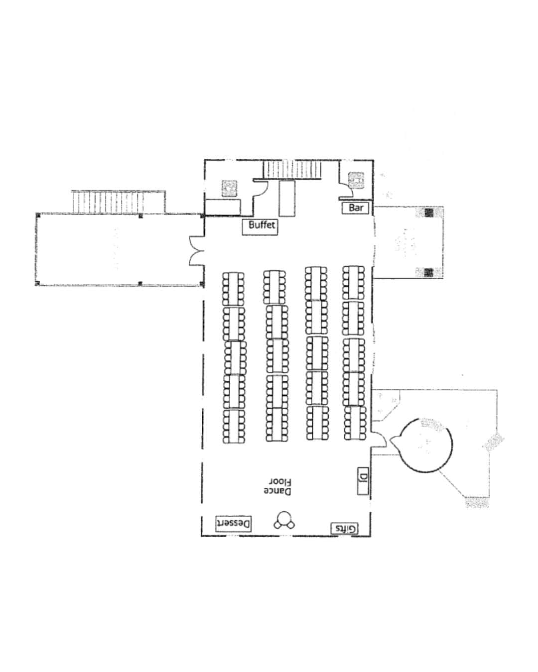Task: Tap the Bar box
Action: click(355, 208)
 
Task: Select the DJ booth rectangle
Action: click(363, 481)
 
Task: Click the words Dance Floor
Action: click(277, 486)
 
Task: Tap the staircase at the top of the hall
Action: click(292, 170)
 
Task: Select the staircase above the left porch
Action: click(108, 202)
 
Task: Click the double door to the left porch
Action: click(196, 251)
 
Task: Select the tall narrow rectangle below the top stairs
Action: click(287, 198)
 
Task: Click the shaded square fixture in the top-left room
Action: click(229, 188)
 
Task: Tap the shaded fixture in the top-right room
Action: click(356, 180)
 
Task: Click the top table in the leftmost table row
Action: click(233, 289)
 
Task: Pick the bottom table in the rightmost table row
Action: click(355, 423)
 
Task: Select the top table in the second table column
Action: click(274, 287)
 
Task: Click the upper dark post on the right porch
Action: click(428, 213)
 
